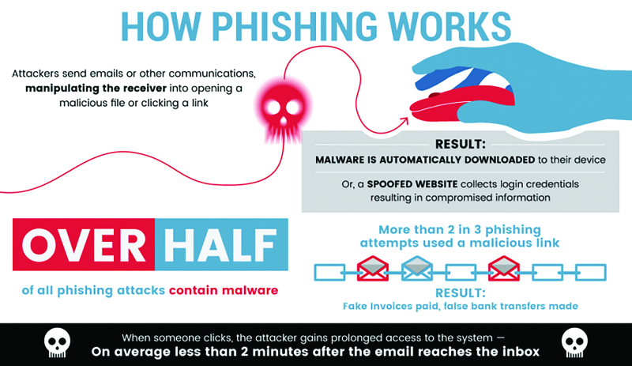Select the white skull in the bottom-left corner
55,342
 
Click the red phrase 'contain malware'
224,290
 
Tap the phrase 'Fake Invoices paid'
385,306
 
